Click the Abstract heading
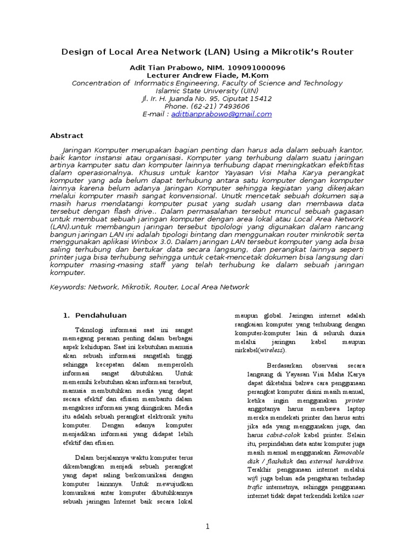[x=66, y=135]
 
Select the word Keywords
[x=67, y=287]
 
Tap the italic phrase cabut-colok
[x=280, y=435]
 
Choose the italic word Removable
[x=349, y=452]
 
